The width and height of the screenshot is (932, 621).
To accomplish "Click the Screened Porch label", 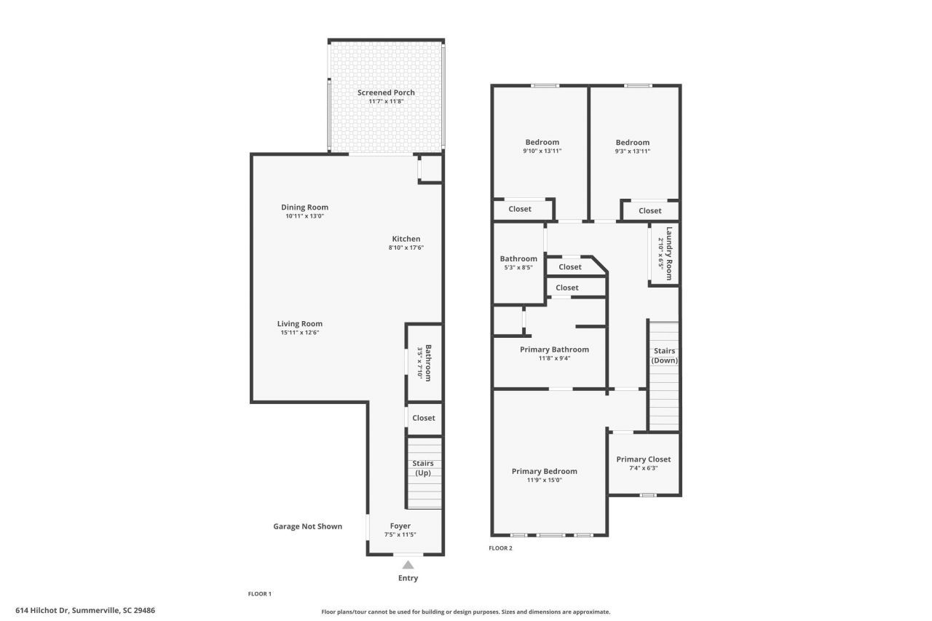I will tap(386, 92).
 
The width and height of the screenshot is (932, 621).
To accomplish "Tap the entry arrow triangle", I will tap(408, 565).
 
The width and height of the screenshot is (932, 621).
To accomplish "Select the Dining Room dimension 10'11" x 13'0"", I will tap(304, 216).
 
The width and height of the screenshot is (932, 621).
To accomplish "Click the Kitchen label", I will tap(406, 239).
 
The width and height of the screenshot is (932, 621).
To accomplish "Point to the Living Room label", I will tap(299, 324).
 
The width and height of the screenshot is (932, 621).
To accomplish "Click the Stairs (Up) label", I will tap(423, 468).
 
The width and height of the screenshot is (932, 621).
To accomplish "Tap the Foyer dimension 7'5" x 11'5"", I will tap(400, 535).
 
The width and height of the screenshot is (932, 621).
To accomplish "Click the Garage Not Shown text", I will tap(307, 526).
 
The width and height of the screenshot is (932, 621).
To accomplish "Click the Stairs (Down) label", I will tap(663, 356).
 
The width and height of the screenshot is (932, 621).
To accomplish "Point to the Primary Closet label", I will tap(644, 459).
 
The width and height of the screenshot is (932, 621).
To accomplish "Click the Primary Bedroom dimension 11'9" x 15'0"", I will tap(544, 480).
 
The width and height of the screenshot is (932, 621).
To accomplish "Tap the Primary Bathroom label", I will tap(554, 349).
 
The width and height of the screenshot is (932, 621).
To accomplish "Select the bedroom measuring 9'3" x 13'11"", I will tap(632, 143).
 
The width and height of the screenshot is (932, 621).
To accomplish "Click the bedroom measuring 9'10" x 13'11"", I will tap(542, 142).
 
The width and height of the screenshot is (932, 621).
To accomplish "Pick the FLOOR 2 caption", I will tap(500, 548).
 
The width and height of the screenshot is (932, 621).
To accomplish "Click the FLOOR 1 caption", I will tap(260, 594).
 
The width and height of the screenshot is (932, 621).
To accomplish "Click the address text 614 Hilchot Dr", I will tap(84, 610).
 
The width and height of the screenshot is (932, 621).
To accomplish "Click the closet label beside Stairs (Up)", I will tap(424, 418).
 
